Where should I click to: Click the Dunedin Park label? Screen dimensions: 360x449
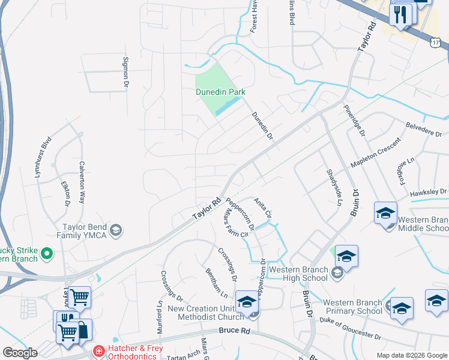221,92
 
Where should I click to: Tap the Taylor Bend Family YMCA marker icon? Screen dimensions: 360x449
116,229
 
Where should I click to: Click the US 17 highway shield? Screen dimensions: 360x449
438,42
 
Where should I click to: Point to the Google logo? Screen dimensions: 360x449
20,352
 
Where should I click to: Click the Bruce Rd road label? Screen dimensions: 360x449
234,331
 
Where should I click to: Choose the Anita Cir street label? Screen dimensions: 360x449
262,207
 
